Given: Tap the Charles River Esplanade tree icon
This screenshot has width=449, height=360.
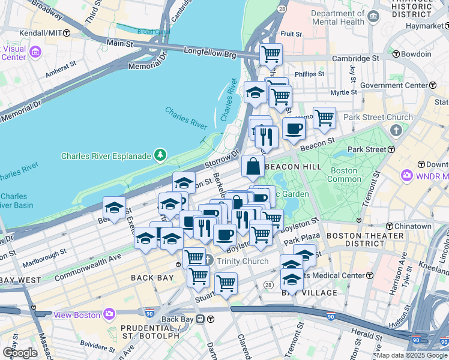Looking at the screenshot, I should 160,156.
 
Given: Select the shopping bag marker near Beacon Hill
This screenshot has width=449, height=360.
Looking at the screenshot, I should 253,166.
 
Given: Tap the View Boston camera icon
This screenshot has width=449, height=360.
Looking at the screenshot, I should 109,313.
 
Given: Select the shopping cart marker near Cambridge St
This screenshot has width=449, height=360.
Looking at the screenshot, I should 271,55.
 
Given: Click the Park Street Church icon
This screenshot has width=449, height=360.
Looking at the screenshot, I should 396,130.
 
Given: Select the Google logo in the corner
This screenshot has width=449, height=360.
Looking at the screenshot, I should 19,353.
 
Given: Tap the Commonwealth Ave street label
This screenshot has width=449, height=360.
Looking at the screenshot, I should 88,266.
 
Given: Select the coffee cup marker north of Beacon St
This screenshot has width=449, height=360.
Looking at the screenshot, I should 294,128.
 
